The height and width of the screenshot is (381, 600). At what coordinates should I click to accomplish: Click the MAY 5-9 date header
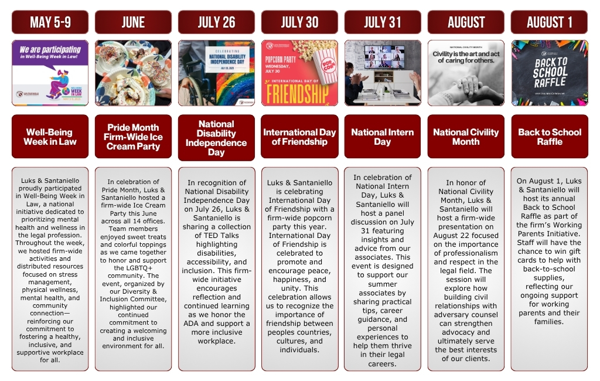tap(50, 22)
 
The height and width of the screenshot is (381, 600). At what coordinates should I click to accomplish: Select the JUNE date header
tap(133, 22)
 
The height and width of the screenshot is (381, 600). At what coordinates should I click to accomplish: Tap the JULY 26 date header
tap(216, 22)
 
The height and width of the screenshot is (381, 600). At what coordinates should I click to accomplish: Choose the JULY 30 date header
tap(299, 22)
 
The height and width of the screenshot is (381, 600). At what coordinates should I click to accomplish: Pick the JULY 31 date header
tap(383, 22)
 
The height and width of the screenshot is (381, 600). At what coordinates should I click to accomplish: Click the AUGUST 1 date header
tap(549, 22)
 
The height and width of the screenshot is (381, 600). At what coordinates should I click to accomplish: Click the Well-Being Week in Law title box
tap(50, 137)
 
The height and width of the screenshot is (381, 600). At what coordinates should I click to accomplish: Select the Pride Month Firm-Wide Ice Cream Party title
tap(133, 137)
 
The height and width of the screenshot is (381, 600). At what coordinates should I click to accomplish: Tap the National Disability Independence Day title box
tap(216, 138)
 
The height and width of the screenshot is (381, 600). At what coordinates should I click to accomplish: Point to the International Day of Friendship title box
tap(299, 137)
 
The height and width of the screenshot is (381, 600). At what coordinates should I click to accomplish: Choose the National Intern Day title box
tap(383, 137)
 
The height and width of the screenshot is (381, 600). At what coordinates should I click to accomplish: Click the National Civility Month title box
tap(466, 137)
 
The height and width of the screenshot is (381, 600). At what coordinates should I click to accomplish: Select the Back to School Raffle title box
tap(549, 137)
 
